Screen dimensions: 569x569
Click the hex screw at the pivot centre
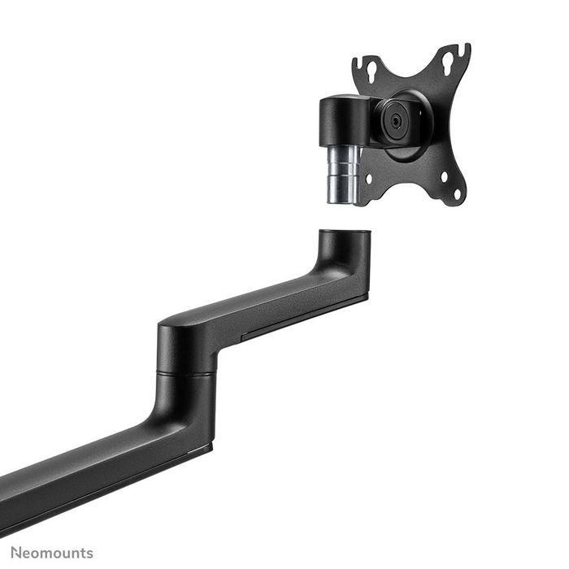pyautogui.click(x=395, y=119)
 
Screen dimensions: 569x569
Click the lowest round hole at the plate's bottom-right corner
pyautogui.click(x=456, y=193)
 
